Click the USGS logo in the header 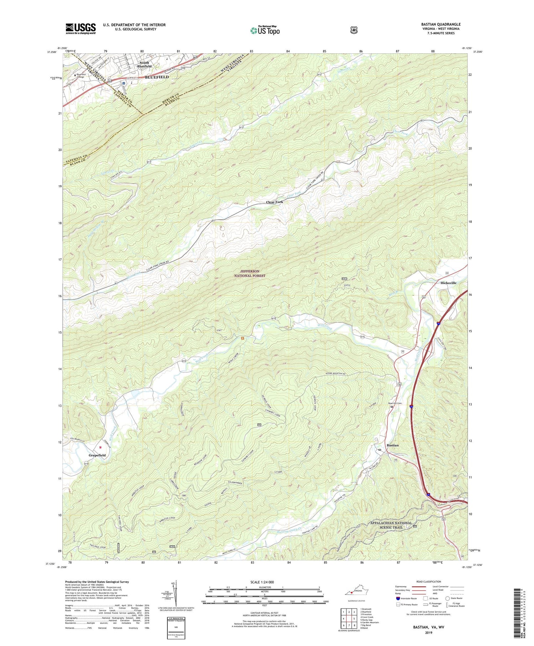(80, 29)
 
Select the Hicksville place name (448, 283)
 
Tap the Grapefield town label (97, 455)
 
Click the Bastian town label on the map (393, 445)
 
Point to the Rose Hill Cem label (395, 403)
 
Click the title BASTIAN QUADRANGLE (440, 24)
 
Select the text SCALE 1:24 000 (265, 582)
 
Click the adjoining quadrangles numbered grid (349, 619)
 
